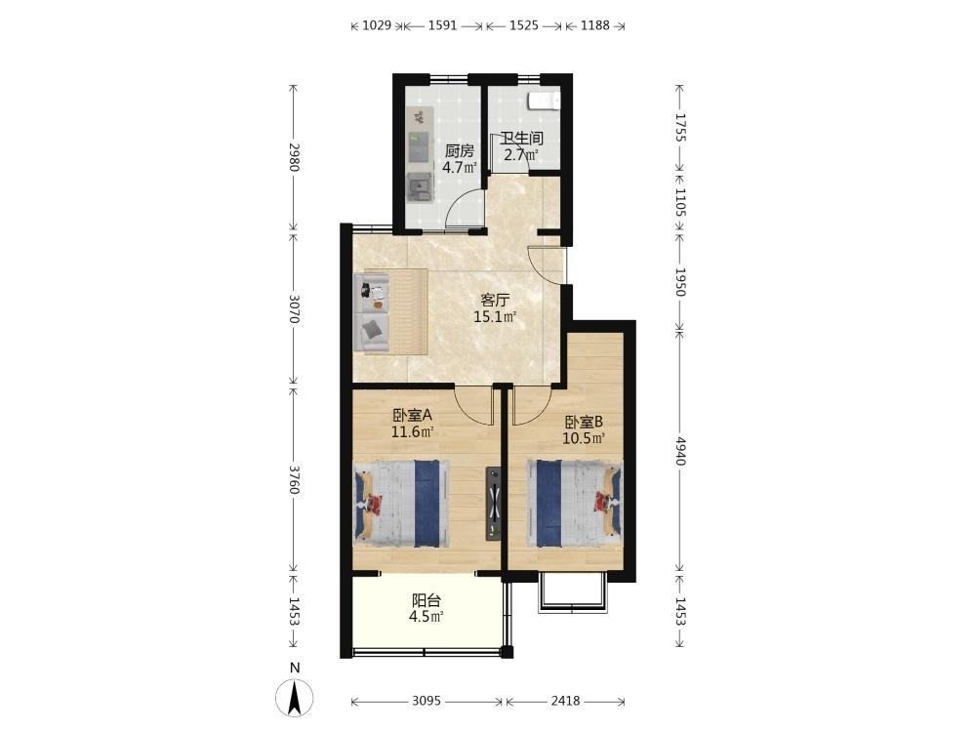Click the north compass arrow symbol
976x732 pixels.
pyautogui.click(x=295, y=698)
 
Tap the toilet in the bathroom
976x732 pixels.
pyautogui.click(x=544, y=101)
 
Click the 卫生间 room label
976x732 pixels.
pyautogui.click(x=521, y=139)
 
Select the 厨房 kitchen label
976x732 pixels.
pyautogui.click(x=460, y=151)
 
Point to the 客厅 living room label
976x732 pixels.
pyautogui.click(x=495, y=301)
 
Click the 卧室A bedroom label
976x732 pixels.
pyautogui.click(x=412, y=415)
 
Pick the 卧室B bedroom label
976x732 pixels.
pyautogui.click(x=584, y=422)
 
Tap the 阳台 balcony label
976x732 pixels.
pyautogui.click(x=427, y=600)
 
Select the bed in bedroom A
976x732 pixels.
pyautogui.click(x=401, y=504)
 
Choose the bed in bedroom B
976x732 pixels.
pyautogui.click(x=574, y=503)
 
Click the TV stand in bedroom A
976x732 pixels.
pyautogui.click(x=494, y=504)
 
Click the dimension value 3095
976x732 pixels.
pyautogui.click(x=427, y=702)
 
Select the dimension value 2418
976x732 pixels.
pyautogui.click(x=565, y=702)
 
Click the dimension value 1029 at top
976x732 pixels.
pyautogui.click(x=377, y=25)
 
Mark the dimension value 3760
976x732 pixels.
pyautogui.click(x=295, y=479)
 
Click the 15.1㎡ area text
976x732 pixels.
pyautogui.click(x=495, y=317)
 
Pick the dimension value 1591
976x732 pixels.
pyautogui.click(x=442, y=25)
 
